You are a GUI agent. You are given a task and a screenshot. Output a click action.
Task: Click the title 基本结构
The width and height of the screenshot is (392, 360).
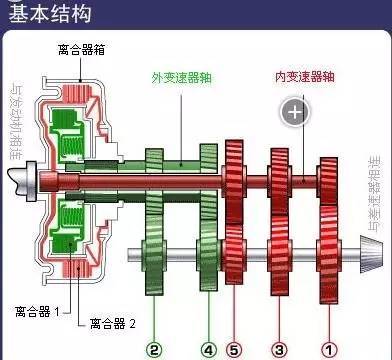click(x=42, y=15)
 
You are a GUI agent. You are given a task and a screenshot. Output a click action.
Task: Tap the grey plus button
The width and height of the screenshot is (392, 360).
click(x=294, y=111)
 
